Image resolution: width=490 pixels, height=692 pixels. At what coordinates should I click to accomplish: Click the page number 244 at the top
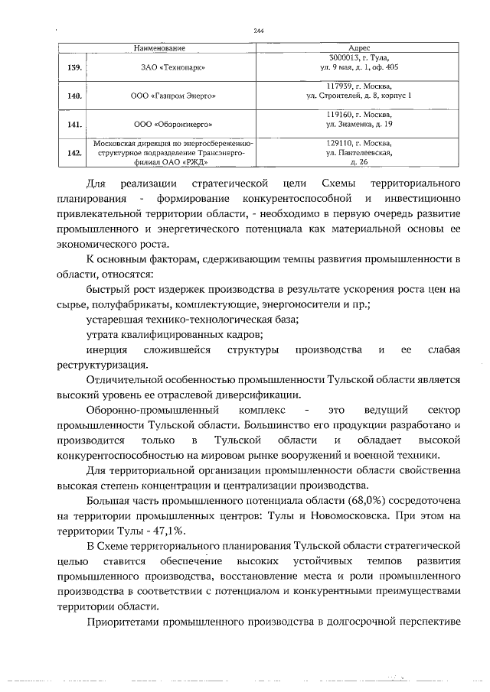point(258,31)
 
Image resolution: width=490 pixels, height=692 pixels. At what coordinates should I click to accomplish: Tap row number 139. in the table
point(74,68)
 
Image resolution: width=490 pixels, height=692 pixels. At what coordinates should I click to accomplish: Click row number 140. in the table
point(74,96)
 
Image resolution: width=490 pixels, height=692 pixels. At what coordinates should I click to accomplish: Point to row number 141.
point(74,123)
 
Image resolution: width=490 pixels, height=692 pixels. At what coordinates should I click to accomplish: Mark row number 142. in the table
point(74,152)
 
